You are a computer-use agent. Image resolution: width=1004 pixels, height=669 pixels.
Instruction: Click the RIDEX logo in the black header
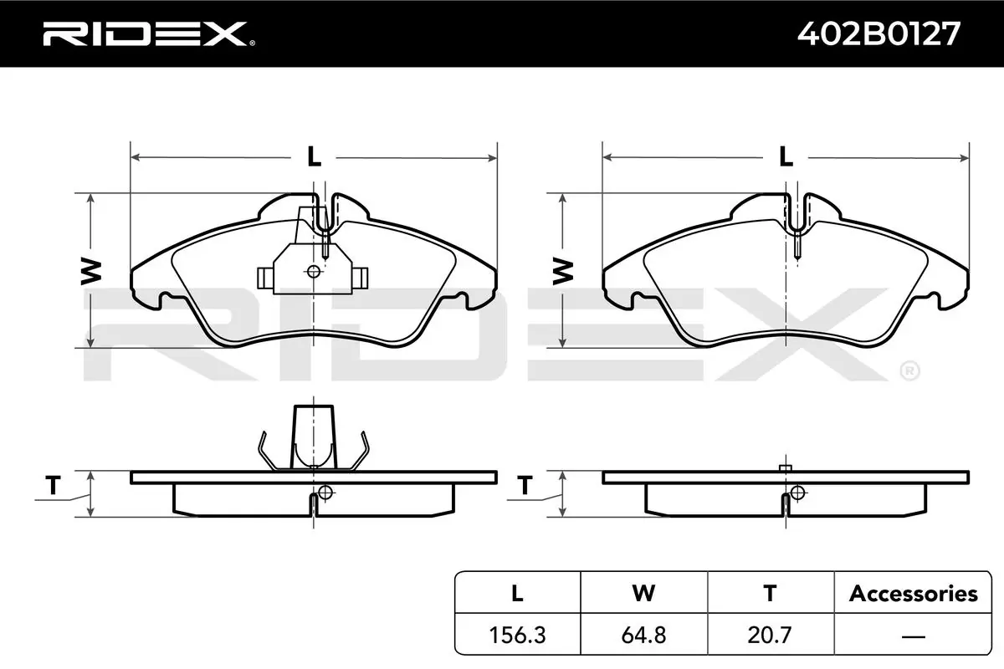tap(149, 34)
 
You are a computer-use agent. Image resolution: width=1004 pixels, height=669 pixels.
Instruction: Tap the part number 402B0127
tap(879, 34)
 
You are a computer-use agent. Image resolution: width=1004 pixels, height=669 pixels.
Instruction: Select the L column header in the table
tap(517, 593)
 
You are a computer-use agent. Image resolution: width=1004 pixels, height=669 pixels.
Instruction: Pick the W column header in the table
tap(643, 593)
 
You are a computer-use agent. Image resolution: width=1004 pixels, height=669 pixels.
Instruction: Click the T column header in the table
tap(770, 593)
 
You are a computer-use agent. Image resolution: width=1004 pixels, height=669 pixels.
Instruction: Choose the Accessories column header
tap(914, 594)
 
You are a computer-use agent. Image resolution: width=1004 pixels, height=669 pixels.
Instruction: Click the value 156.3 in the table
tap(517, 635)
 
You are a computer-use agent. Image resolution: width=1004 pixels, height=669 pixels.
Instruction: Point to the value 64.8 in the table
tap(643, 635)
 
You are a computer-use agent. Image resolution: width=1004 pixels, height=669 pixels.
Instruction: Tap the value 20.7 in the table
tap(770, 635)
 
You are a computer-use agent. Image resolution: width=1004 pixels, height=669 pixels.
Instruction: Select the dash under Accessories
tap(913, 636)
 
